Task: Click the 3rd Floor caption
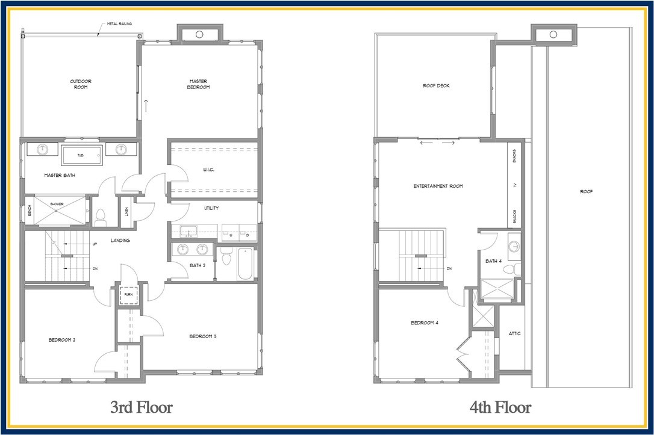[142, 407]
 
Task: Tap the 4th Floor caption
[500, 407]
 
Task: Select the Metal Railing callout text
[119, 24]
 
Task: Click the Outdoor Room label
[79, 84]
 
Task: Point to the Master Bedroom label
[199, 84]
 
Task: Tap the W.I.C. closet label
[210, 170]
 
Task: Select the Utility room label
[211, 208]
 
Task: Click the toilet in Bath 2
[226, 257]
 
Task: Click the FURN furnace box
[128, 295]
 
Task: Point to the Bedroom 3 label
[202, 336]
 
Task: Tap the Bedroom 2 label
[61, 339]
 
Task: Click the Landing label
[120, 241]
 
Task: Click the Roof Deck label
[436, 85]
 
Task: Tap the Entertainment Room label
[438, 186]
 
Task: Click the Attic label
[514, 333]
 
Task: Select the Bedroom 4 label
[425, 323]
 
